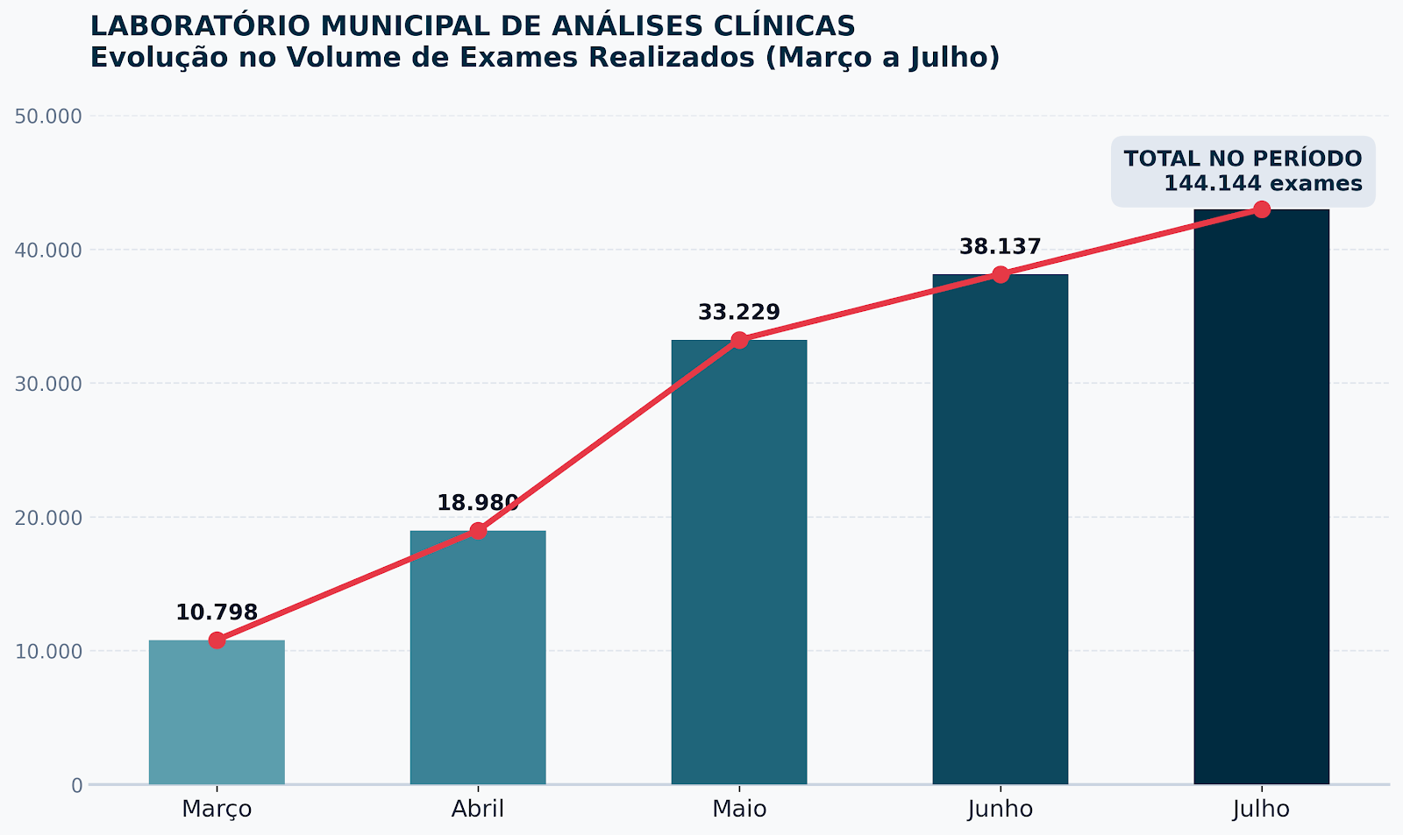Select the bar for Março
(217, 711)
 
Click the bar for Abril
(478, 657)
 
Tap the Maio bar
(739, 563)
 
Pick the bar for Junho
(1001, 529)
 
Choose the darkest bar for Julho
(1262, 497)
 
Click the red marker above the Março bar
(217, 640)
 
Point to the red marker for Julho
(1262, 209)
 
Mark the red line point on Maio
(739, 340)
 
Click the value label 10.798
(217, 612)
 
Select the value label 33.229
(739, 312)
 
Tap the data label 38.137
(1001, 246)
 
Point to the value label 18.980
(478, 503)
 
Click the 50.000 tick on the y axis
(48, 117)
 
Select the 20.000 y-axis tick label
(48, 519)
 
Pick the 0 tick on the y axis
(77, 786)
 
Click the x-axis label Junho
(1001, 810)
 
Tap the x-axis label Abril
(478, 810)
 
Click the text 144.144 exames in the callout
(1263, 183)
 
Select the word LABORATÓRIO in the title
(201, 26)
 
